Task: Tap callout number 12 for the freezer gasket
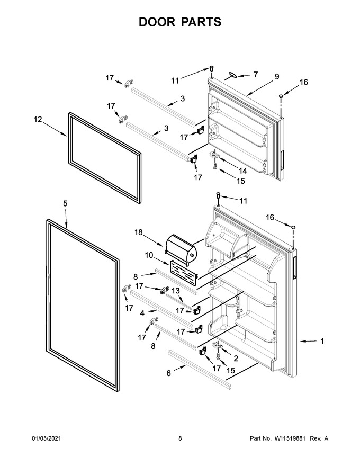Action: click(38, 120)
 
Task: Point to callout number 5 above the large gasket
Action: click(65, 203)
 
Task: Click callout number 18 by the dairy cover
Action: click(139, 232)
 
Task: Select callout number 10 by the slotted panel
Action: click(149, 255)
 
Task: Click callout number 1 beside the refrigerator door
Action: click(322, 341)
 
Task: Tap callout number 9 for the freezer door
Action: click(277, 77)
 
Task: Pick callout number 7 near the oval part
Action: click(256, 74)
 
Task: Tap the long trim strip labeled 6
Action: click(199, 368)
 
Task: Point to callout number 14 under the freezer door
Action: click(242, 171)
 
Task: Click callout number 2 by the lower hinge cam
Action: click(236, 358)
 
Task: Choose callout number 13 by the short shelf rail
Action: click(176, 291)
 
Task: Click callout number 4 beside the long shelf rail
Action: click(142, 313)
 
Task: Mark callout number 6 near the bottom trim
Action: click(169, 373)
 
